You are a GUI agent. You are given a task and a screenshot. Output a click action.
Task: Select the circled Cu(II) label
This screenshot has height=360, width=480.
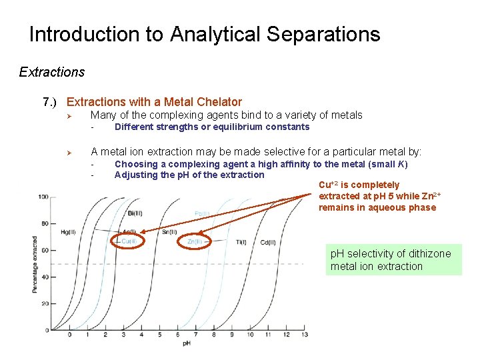pos(129,241)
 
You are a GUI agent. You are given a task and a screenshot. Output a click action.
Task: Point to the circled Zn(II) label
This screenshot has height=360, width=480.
pos(195,241)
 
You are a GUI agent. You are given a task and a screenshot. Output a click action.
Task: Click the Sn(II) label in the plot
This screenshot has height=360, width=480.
pos(169,231)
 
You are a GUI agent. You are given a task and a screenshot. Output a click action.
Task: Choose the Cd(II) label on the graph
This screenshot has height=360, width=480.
pos(267,242)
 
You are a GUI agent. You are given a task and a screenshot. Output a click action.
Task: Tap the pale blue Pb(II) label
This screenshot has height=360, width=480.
pos(202,213)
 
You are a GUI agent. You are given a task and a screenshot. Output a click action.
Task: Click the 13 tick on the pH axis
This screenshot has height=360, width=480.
pos(305,335)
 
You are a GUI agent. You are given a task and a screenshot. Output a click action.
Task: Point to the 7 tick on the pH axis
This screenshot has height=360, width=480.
pos(196,335)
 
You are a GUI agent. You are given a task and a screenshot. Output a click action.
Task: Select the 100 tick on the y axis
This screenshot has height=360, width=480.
pos(43,197)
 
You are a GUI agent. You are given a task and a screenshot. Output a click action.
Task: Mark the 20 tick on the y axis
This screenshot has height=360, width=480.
pos(45,303)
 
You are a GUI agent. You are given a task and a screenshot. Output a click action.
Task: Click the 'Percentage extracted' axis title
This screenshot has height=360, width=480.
pos(34,264)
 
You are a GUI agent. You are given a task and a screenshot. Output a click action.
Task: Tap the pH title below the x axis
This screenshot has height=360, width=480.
pos(187,343)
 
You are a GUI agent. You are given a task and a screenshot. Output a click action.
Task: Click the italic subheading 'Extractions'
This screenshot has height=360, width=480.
pos(52,71)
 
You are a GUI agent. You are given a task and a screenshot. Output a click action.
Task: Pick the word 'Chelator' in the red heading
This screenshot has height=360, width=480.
pos(219,102)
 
